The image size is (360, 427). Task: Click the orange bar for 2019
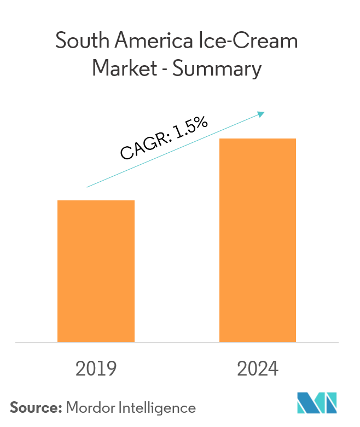coord(96,271)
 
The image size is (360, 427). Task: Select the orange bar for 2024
coord(258,240)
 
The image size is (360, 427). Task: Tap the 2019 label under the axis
coord(96,369)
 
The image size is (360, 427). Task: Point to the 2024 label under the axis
coord(258,369)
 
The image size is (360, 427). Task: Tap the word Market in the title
coord(125,70)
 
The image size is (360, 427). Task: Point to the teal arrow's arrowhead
coord(262,113)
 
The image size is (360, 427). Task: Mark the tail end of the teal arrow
coord(88,187)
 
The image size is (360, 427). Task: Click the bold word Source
coord(36,407)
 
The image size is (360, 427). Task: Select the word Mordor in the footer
coord(90,407)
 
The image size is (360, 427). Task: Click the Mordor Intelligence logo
coord(317,403)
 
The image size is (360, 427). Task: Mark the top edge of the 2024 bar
coord(258,139)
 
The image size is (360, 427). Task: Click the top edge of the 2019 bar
coord(96,201)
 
